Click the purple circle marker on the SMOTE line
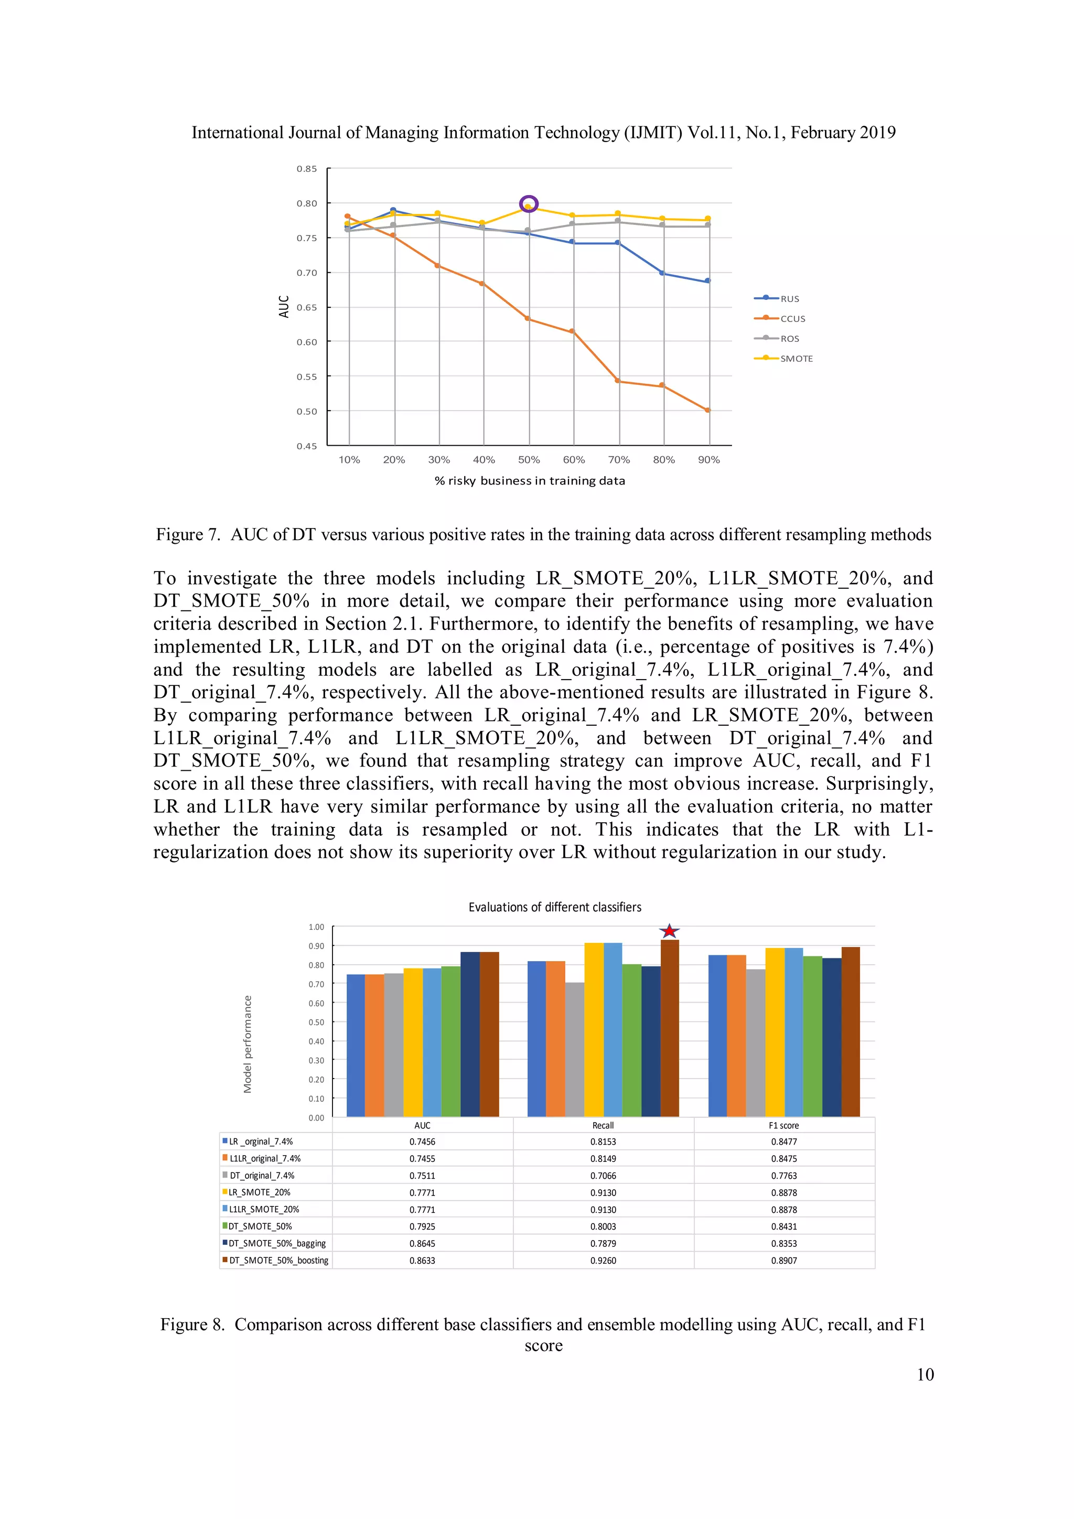click(x=529, y=204)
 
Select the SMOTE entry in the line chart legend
click(x=796, y=359)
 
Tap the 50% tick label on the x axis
click(x=529, y=460)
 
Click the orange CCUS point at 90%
click(x=708, y=410)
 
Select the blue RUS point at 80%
click(x=662, y=273)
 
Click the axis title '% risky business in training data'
click(x=529, y=481)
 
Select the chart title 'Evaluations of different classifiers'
click(x=554, y=907)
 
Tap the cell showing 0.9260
click(x=603, y=1261)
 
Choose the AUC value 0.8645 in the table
click(x=422, y=1243)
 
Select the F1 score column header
click(x=783, y=1125)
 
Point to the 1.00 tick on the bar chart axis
click(x=316, y=927)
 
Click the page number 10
click(x=925, y=1374)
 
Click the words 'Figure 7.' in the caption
click(x=187, y=535)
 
